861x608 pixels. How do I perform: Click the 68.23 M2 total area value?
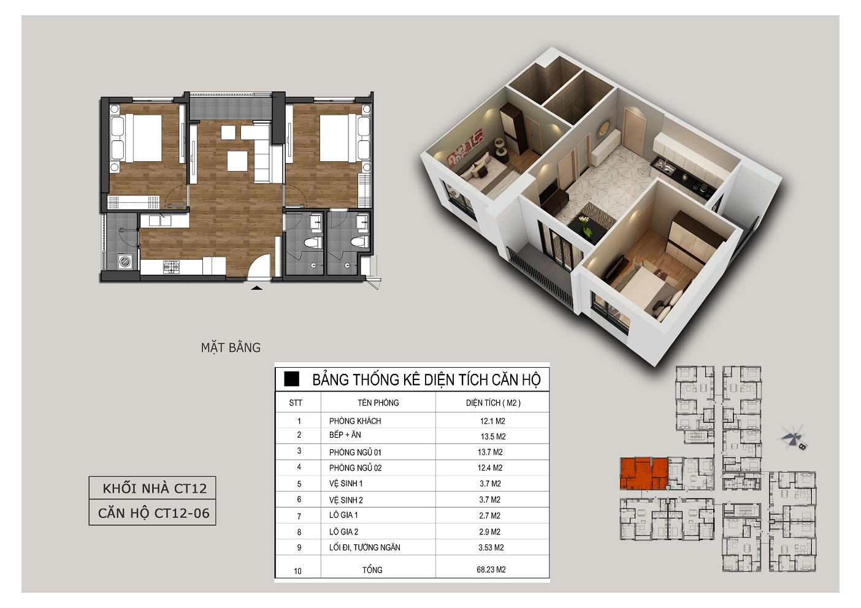coord(491,569)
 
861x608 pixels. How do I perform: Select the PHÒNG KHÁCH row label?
coord(355,421)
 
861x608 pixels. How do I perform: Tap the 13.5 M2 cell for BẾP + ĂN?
coord(493,437)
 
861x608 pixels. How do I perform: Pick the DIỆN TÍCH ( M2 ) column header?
coord(493,403)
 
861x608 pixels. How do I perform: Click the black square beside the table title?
coord(291,379)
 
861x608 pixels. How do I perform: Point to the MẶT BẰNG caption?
coord(231,348)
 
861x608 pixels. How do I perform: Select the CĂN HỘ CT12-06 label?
coord(154,513)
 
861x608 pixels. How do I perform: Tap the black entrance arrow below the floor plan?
coord(257,287)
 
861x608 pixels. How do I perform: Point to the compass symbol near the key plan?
coord(792,438)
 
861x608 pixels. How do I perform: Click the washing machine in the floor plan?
coord(125,262)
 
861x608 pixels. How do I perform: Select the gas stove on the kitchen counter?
coord(172,266)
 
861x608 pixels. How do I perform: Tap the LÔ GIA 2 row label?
coord(343,531)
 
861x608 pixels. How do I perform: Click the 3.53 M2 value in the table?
coord(491,547)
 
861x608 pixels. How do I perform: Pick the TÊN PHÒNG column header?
coord(378,403)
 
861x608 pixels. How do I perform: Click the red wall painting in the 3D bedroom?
coord(464,147)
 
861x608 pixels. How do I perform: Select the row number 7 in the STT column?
coord(299,517)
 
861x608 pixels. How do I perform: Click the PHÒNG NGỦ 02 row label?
coord(355,468)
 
